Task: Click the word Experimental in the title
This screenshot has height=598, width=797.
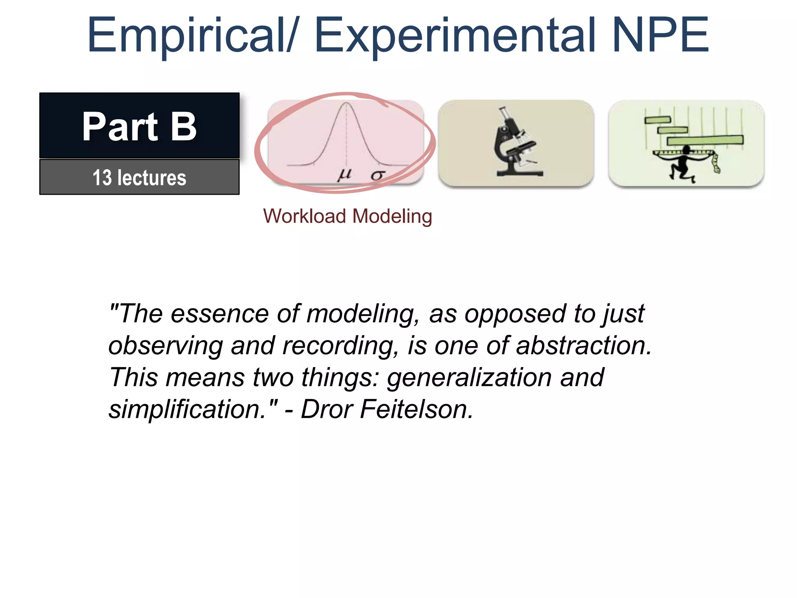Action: (455, 36)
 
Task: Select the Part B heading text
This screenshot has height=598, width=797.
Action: (139, 126)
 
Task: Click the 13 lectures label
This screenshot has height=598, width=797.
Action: (139, 178)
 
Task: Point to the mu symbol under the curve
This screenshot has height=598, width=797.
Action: (344, 175)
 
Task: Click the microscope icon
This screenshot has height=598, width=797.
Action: (516, 143)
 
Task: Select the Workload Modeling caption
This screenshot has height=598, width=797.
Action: (348, 216)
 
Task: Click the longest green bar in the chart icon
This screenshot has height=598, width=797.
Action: (705, 140)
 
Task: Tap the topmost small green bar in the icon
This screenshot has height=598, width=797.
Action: (658, 120)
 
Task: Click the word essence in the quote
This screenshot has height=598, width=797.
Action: (219, 314)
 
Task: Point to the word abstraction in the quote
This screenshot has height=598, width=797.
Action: (583, 346)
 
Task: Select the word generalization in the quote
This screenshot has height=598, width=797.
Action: (469, 378)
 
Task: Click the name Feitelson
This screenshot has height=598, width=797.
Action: (416, 410)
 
